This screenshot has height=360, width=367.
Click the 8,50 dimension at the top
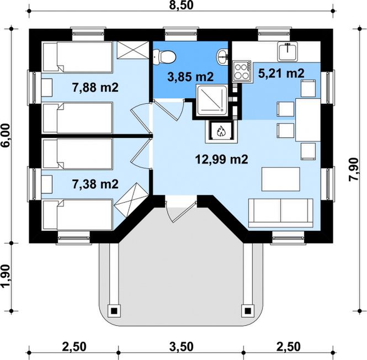(182, 5)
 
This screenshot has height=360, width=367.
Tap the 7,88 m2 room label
(95, 88)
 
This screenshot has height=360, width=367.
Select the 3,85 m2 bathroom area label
(190, 77)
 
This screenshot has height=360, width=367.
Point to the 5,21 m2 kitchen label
(281, 73)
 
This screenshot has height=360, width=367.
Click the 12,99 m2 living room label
(221, 160)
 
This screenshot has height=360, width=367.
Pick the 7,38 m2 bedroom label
(95, 184)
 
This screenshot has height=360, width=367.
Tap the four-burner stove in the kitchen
(242, 71)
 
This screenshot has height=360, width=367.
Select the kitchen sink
(288, 51)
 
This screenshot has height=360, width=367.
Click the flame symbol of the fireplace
(221, 131)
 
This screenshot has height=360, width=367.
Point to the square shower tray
(211, 100)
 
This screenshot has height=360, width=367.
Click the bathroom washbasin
(222, 57)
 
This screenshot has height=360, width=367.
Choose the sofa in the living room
(281, 213)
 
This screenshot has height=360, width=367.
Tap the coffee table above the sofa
(281, 179)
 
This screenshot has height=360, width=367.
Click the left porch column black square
(114, 311)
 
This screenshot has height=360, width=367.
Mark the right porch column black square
(248, 311)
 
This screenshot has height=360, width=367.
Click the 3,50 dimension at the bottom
(182, 347)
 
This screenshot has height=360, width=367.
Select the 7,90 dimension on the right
(354, 170)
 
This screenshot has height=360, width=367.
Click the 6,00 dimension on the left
(6, 135)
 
